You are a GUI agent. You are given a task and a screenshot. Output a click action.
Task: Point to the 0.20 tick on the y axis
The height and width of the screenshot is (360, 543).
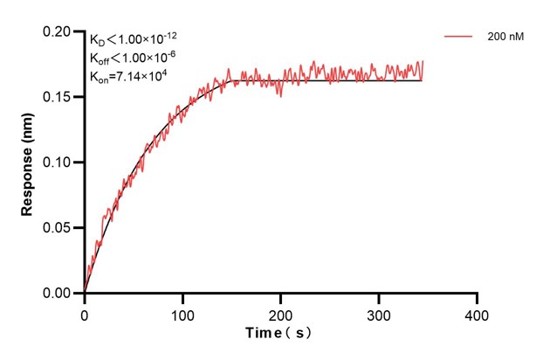click(x=60, y=31)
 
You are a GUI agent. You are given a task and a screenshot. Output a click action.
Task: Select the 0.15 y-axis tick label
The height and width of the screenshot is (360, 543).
click(x=60, y=97)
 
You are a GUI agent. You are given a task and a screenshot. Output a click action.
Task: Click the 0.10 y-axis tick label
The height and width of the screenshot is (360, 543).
click(x=60, y=163)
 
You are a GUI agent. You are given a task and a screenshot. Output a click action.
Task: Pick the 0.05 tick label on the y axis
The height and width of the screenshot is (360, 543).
click(x=60, y=228)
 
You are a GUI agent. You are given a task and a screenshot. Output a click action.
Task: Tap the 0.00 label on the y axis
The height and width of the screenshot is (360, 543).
click(x=60, y=294)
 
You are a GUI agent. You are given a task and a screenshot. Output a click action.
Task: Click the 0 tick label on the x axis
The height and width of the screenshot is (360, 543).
click(x=85, y=312)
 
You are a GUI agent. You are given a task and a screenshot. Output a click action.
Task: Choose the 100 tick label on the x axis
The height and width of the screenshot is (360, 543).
click(x=182, y=312)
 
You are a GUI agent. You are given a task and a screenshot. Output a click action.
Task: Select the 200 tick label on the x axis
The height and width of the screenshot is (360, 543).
click(x=281, y=312)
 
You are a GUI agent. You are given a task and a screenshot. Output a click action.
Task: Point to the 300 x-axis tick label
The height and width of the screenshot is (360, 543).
click(x=379, y=312)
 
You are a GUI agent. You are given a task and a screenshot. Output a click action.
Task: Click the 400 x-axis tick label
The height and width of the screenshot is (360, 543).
click(x=477, y=312)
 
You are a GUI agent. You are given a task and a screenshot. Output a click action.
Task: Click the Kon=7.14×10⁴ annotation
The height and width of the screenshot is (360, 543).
click(x=128, y=76)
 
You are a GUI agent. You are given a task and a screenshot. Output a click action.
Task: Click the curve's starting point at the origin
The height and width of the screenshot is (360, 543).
click(x=85, y=293)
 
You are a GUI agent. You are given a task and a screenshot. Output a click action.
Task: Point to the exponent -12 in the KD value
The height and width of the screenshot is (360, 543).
click(x=171, y=35)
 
